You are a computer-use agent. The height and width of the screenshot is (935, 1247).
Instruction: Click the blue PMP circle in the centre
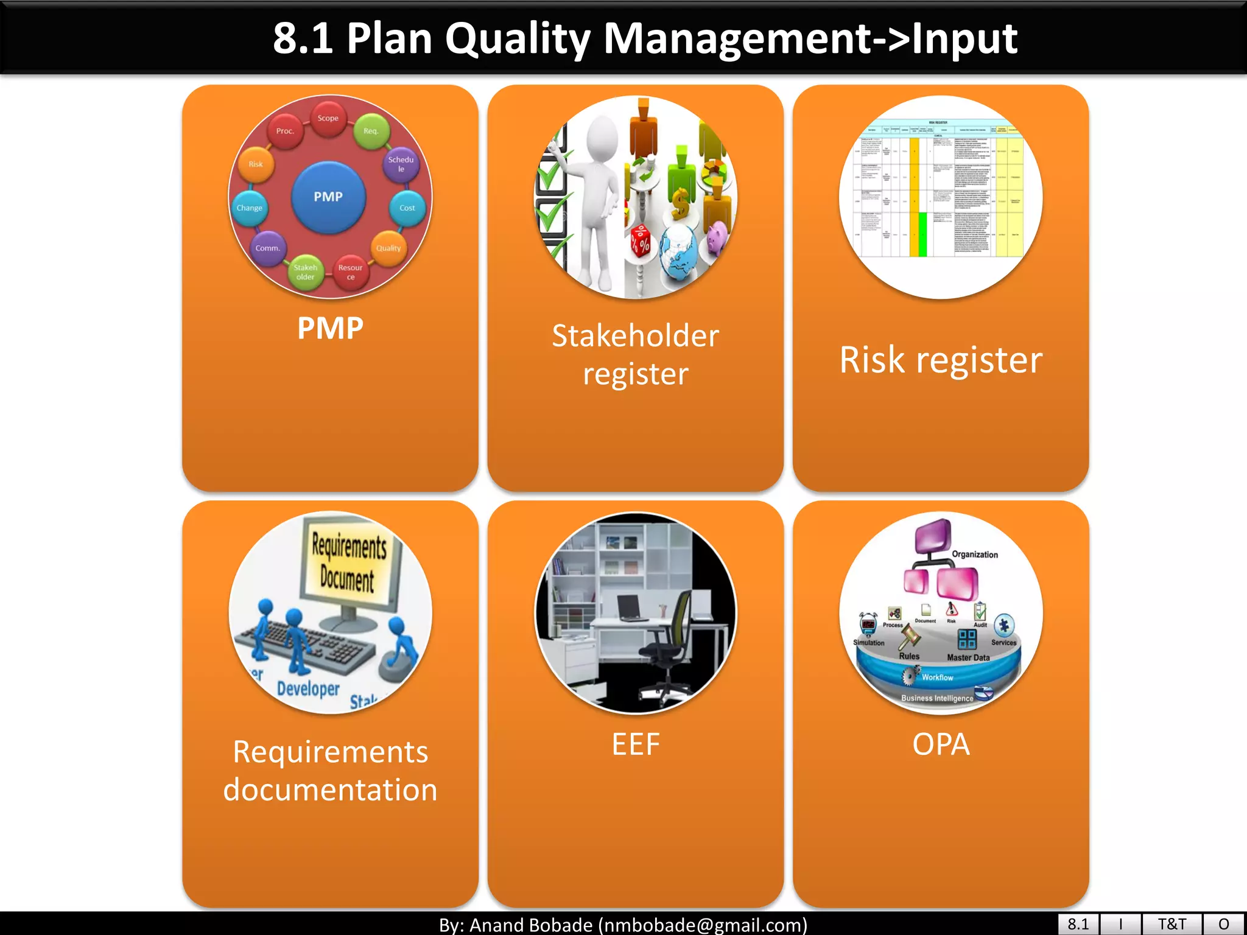pyautogui.click(x=328, y=197)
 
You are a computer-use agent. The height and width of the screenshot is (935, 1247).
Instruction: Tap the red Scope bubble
pyautogui.click(x=328, y=118)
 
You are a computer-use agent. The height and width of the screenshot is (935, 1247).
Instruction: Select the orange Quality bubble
pyautogui.click(x=388, y=248)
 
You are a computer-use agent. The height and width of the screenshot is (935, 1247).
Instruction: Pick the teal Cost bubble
pyautogui.click(x=407, y=208)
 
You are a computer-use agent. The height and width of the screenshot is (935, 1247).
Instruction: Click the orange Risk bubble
pyautogui.click(x=256, y=164)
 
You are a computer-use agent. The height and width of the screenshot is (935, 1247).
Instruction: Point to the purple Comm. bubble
pyautogui.click(x=268, y=248)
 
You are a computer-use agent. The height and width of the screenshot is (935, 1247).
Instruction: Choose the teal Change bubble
pyautogui.click(x=250, y=208)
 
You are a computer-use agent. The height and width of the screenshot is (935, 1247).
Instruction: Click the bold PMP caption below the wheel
pyautogui.click(x=330, y=329)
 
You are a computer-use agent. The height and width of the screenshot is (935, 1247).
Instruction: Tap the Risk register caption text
pyautogui.click(x=941, y=360)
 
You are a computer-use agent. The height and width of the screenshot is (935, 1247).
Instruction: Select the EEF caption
pyautogui.click(x=636, y=744)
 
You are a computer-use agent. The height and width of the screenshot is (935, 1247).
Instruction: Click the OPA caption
pyautogui.click(x=941, y=744)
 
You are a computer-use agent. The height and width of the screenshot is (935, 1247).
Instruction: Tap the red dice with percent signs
pyautogui.click(x=641, y=240)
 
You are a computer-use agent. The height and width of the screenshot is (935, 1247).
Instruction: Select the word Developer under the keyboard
pyautogui.click(x=308, y=688)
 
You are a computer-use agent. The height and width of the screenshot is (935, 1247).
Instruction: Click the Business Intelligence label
pyautogui.click(x=937, y=698)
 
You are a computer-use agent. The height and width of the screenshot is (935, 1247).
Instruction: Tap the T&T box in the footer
pyautogui.click(x=1171, y=924)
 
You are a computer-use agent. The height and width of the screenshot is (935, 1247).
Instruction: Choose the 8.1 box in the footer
pyautogui.click(x=1078, y=924)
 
